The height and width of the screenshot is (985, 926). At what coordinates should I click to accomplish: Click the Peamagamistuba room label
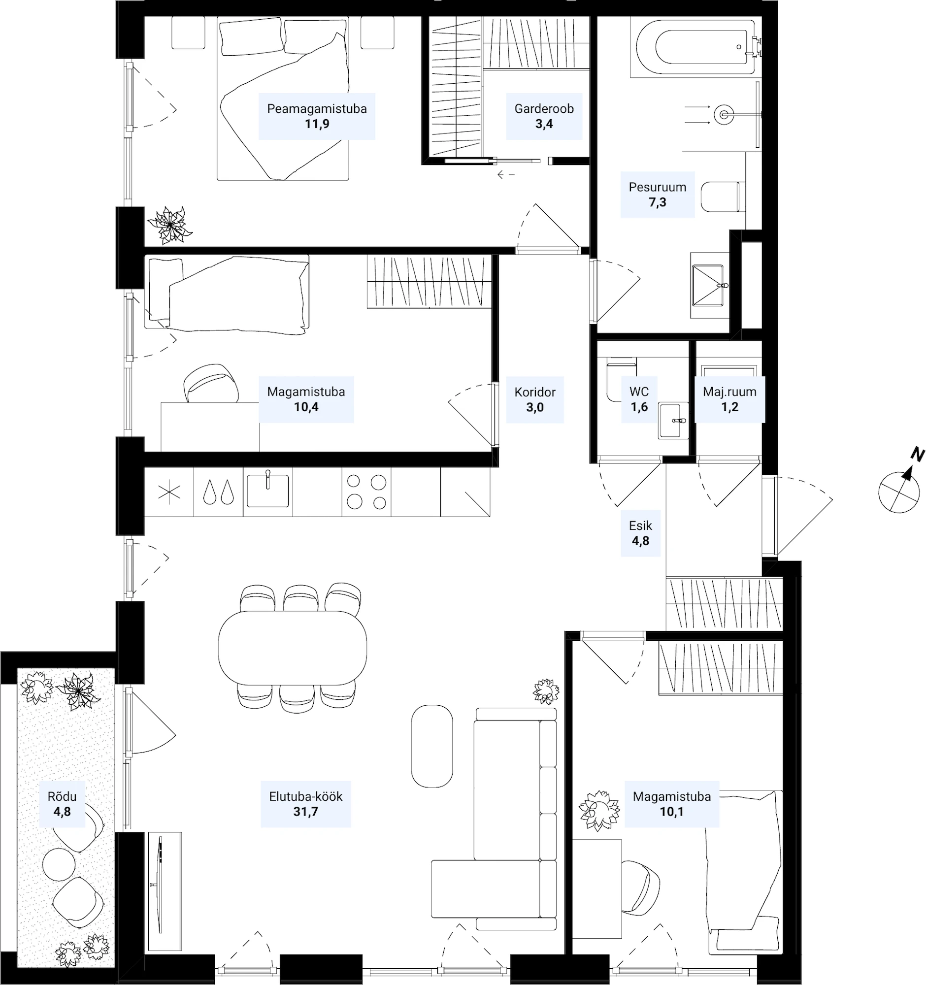click(317, 108)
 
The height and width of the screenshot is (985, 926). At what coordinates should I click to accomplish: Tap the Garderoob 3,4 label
click(544, 116)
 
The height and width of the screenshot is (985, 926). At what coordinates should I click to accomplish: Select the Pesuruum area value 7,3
click(658, 202)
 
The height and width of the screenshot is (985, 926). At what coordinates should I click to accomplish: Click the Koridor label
click(534, 392)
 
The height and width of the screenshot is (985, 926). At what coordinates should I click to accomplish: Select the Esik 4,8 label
click(641, 533)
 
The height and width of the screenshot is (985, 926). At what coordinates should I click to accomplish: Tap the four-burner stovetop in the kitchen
click(366, 492)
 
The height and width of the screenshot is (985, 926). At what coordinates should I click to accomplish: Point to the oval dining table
click(292, 648)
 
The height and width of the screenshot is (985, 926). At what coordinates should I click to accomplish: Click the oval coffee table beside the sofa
click(432, 746)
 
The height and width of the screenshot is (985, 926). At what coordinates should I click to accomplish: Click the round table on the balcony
click(59, 865)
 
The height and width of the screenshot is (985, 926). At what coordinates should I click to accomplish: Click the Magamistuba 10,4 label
click(306, 399)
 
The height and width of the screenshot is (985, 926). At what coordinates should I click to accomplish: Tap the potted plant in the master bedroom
click(169, 225)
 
